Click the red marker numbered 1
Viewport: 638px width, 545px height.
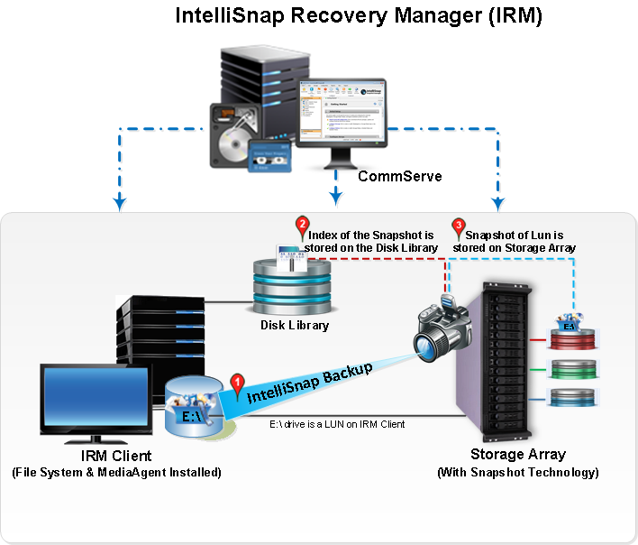pyautogui.click(x=238, y=383)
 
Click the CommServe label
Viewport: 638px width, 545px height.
pyautogui.click(x=400, y=176)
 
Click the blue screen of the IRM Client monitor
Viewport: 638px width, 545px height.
pyautogui.click(x=94, y=398)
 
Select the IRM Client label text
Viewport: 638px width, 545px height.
pyautogui.click(x=116, y=456)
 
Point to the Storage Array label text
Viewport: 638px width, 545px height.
pyautogui.click(x=517, y=454)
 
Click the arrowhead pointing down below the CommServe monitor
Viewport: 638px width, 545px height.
pyautogui.click(x=336, y=196)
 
